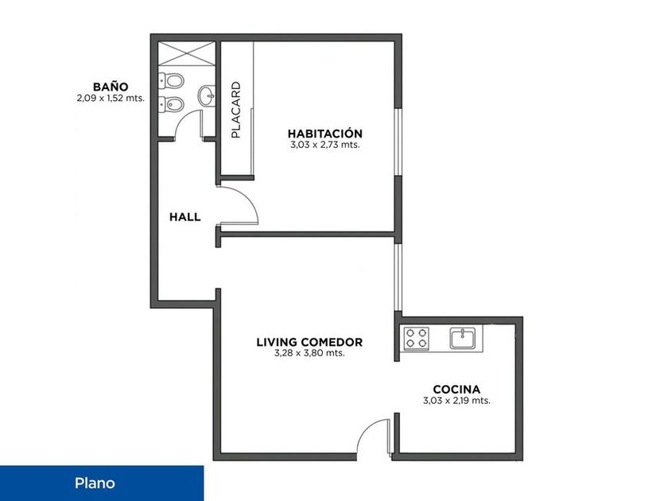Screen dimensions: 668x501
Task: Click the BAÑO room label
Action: pos(111,87)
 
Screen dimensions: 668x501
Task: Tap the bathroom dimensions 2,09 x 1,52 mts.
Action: pos(111,99)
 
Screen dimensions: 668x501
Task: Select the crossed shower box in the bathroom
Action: pos(186,53)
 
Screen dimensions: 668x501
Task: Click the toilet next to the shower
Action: pos(171,80)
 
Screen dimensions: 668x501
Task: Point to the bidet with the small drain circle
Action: pos(171,104)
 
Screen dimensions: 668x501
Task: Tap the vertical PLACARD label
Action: pos(235,110)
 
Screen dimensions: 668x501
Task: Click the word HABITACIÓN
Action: pos(325,134)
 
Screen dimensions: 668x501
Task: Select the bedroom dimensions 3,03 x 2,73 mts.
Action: pos(325,145)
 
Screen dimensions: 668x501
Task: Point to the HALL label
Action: pos(184,217)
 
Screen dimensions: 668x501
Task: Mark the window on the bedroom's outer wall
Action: pos(398,142)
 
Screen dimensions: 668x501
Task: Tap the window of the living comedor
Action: pos(398,277)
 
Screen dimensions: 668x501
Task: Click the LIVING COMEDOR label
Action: pos(309,343)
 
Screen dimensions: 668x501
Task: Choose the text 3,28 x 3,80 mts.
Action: pos(309,354)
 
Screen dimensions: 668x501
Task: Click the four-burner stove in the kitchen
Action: pos(416,338)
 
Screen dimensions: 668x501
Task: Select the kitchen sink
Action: pos(463,338)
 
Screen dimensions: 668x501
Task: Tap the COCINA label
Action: pos(456,390)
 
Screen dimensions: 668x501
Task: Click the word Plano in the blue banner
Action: pos(95,484)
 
